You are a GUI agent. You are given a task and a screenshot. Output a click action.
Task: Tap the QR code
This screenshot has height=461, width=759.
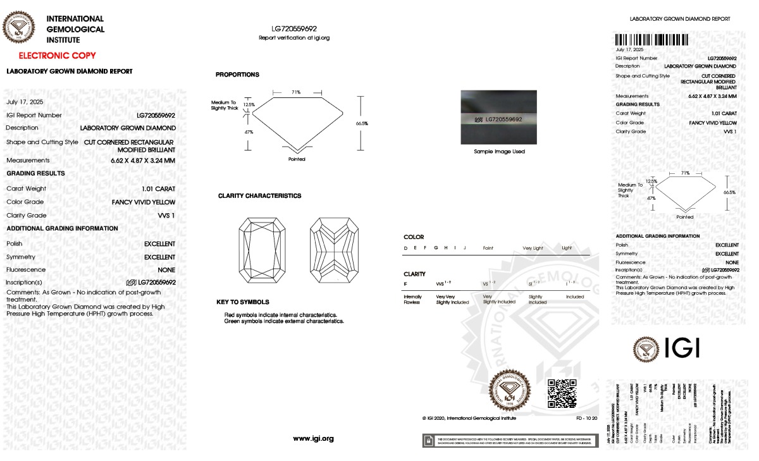(562, 393)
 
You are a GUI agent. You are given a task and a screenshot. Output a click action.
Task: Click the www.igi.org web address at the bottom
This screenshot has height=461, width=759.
(313, 438)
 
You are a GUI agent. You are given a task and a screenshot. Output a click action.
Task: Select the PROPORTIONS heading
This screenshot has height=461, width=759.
(237, 75)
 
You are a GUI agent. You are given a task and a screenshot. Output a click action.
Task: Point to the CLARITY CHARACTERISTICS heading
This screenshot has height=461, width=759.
(259, 196)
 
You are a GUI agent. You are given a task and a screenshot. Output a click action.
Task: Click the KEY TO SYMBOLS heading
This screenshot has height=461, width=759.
(243, 302)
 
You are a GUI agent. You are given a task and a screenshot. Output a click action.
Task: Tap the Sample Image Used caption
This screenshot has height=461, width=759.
(500, 152)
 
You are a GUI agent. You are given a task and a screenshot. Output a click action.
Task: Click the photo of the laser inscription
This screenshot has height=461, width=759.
(500, 118)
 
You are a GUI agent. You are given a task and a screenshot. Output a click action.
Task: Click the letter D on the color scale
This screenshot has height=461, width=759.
(405, 248)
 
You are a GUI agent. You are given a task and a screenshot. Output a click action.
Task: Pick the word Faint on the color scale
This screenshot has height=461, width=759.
(488, 248)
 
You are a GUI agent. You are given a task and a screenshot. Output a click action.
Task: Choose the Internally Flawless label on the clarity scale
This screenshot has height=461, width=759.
(412, 299)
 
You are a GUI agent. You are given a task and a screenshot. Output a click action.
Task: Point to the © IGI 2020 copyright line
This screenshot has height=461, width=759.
(469, 418)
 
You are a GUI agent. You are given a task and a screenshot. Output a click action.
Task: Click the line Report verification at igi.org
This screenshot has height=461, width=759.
(294, 38)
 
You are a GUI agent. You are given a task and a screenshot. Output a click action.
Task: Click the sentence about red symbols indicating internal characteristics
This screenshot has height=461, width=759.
(281, 314)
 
